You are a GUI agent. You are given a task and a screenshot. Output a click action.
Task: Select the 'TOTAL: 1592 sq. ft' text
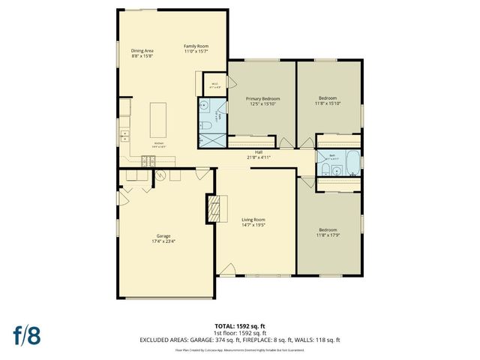(x=240, y=326)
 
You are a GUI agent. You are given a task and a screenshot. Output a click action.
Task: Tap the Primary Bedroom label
(x=262, y=100)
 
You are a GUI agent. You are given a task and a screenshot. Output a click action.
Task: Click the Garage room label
(x=163, y=238)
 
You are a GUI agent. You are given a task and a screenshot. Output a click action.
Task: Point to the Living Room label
(x=253, y=222)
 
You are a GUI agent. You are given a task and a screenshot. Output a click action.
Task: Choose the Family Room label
(x=196, y=49)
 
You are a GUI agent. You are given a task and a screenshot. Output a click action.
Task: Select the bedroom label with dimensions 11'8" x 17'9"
(x=329, y=232)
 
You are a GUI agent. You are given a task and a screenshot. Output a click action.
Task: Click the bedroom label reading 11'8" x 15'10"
(x=329, y=100)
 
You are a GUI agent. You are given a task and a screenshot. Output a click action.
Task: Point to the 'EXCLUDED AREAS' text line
(x=240, y=340)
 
